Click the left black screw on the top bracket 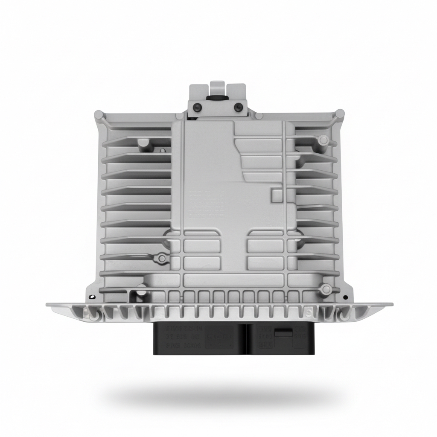(x=197, y=107)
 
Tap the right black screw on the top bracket (x=239, y=107)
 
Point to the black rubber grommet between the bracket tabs (x=217, y=98)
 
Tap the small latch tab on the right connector (x=283, y=333)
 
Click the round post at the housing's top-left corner (x=99, y=114)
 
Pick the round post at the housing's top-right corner (x=340, y=114)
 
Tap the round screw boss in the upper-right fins (x=323, y=140)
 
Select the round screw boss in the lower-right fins (x=326, y=289)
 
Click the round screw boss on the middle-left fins (x=162, y=258)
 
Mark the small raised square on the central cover (x=277, y=195)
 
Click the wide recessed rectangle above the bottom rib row (x=233, y=280)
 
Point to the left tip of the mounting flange (x=48, y=305)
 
